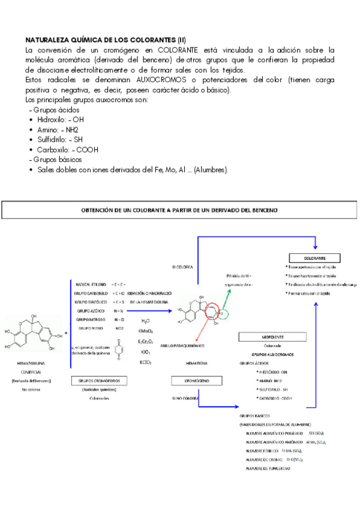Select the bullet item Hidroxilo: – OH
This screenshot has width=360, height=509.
click(60, 119)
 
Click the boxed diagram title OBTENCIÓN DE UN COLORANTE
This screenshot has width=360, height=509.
click(179, 210)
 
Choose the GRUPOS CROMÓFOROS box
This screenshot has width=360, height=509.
click(95, 381)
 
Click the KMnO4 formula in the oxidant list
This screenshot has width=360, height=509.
click(145, 331)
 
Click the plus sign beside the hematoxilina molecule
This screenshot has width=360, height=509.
click(65, 331)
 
